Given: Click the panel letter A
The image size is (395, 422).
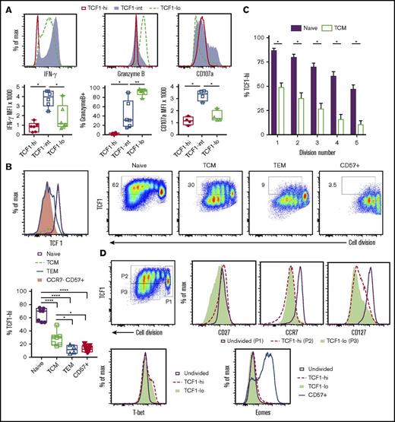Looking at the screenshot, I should tap(6, 5).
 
